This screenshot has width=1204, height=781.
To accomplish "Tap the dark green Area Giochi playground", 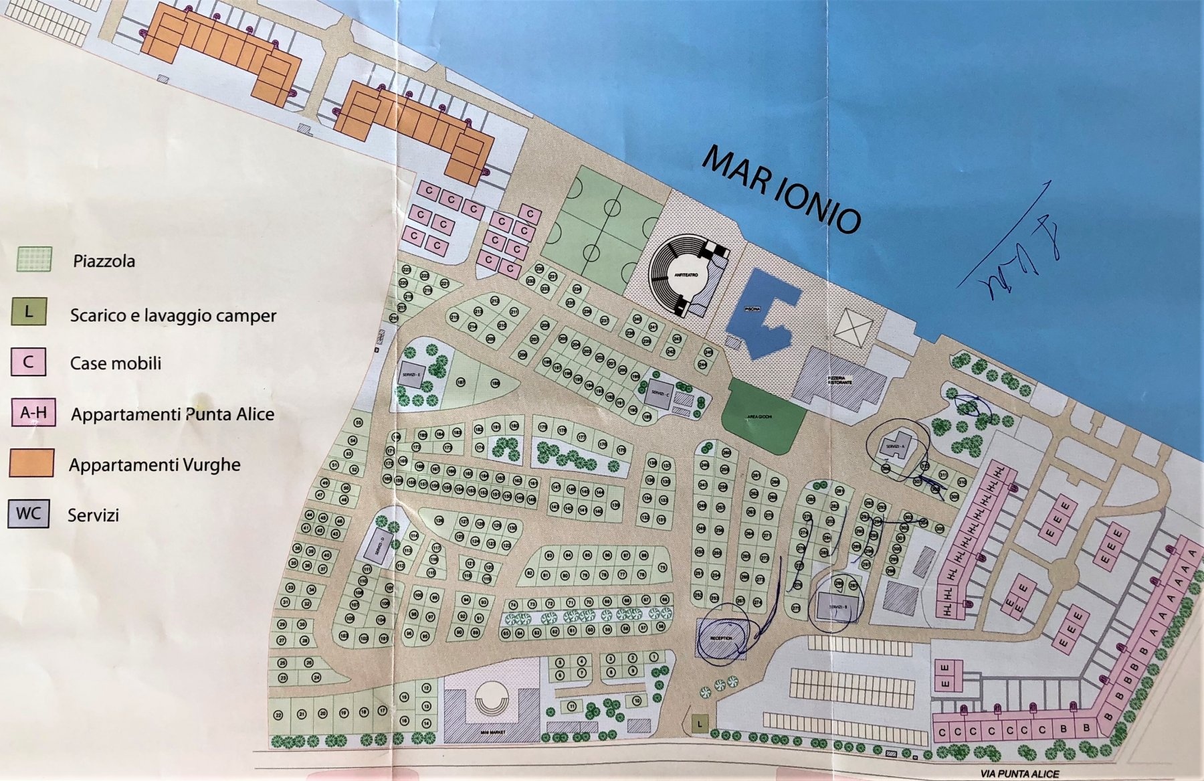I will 763,415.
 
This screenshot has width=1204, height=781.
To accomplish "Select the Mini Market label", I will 493,732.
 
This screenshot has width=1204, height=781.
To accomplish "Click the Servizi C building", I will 658,392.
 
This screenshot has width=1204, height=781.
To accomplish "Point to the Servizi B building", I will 833,605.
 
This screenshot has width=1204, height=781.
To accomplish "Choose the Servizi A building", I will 894,446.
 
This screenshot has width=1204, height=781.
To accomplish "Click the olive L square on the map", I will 700,723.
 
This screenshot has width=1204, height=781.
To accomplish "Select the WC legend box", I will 29,514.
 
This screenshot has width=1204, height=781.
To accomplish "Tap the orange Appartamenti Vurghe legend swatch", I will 31,463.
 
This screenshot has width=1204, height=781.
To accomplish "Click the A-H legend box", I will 33,413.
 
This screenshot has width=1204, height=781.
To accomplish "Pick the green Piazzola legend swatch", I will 34,259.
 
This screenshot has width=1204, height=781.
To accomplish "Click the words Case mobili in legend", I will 116,363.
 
